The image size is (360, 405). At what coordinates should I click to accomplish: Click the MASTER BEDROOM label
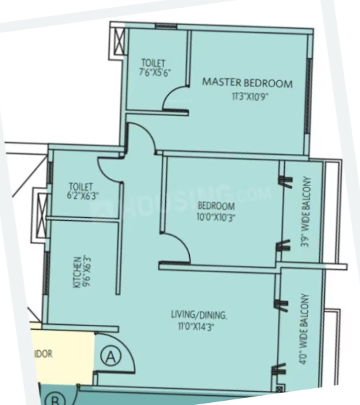(x=247, y=83)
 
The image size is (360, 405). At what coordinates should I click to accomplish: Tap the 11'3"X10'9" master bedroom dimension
(x=247, y=96)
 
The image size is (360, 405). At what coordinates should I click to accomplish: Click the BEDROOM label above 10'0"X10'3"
(x=216, y=206)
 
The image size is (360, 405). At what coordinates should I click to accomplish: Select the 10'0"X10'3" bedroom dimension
(x=216, y=217)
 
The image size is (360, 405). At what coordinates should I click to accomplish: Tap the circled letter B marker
(x=54, y=398)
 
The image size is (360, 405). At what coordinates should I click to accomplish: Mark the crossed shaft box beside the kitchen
(x=41, y=206)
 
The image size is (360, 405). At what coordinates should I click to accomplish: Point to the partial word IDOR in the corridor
(x=43, y=354)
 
